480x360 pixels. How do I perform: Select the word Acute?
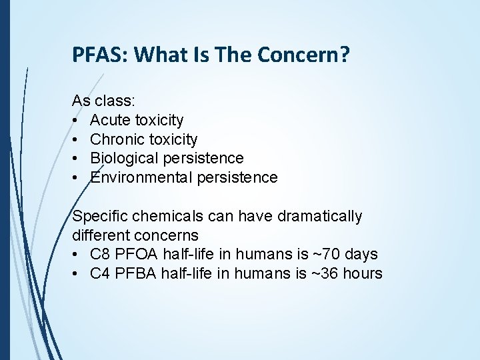click(110, 121)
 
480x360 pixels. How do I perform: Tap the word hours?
click(363, 274)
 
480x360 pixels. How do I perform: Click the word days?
click(362, 255)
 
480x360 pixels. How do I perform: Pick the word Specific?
click(97, 217)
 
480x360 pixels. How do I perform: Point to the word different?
click(101, 235)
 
